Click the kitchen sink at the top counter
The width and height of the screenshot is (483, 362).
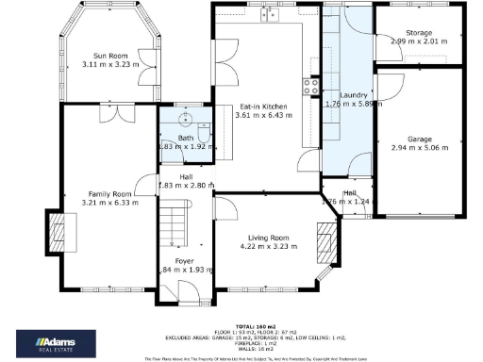point(272,15)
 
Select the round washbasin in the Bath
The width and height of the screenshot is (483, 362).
point(185,120)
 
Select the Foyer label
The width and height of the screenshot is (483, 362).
point(183,261)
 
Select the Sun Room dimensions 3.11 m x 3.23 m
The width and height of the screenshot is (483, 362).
point(110,64)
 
